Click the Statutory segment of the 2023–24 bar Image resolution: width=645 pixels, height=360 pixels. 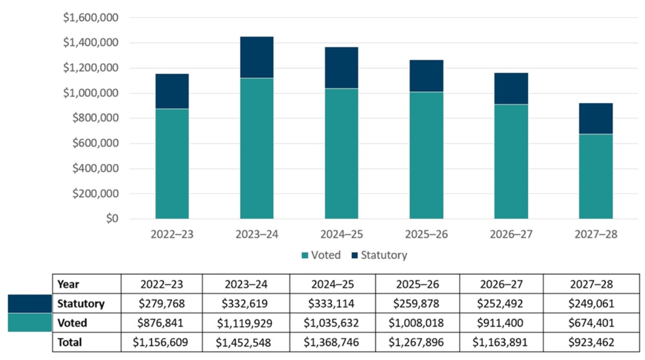tap(257, 57)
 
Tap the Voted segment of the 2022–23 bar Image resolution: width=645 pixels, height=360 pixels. tap(172, 164)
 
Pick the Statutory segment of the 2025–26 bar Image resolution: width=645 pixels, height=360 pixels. tap(426, 76)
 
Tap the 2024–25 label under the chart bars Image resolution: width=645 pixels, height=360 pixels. tap(341, 235)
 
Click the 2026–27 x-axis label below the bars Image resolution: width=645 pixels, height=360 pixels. tap(511, 235)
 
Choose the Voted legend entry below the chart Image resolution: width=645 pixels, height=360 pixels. tap(321, 255)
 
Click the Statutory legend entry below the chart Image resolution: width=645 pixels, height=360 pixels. tap(378, 255)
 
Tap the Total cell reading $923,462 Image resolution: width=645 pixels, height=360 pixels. tap(591, 342)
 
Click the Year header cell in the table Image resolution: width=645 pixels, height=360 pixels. tap(68, 284)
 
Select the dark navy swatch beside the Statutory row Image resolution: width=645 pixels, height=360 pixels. tap(30, 304)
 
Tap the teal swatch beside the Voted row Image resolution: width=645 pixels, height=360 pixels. tap(30, 323)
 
